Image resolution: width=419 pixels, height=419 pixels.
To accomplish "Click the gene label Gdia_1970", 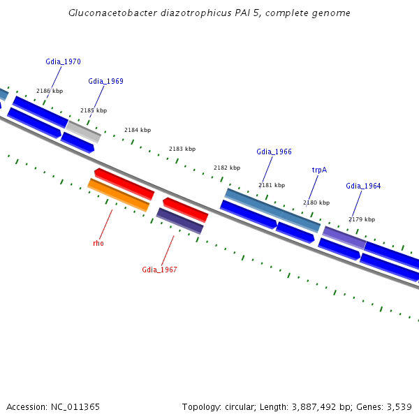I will coord(63,61).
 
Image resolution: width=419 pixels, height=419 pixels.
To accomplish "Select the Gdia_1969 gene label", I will coord(105,81).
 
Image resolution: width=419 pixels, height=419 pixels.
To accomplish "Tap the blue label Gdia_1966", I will coord(274,152).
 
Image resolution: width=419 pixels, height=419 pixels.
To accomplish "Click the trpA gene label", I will coord(319,170).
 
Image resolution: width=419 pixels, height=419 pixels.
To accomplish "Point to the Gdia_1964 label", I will coord(363,186).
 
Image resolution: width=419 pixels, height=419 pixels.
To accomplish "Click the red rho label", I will coord(98,243).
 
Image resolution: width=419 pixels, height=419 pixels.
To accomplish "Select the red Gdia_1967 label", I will coord(159,270).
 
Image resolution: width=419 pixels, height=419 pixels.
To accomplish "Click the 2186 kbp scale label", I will coord(50,91).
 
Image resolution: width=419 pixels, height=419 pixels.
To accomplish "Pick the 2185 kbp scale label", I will coord(94,110).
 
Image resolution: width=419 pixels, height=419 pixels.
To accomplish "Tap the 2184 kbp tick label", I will coord(138,130).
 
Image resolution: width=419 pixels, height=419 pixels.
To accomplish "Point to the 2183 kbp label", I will coord(182,149).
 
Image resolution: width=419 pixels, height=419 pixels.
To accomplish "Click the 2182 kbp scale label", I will coord(227,168).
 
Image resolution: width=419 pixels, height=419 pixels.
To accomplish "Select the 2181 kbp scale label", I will coord(272,185).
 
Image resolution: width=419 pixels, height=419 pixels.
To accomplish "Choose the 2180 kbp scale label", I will coord(316,203).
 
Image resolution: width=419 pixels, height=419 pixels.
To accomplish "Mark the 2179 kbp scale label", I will coord(362,219).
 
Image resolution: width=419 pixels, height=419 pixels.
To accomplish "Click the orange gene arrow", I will coord(118,195).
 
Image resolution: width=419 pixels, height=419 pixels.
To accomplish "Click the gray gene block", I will coord(84,131).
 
